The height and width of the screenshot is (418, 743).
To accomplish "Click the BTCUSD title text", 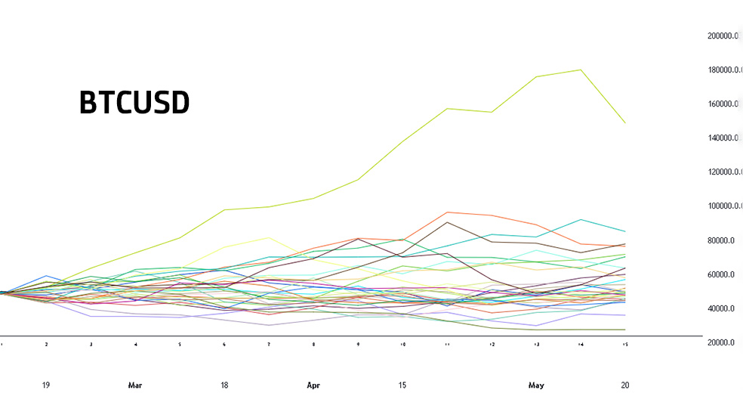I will [x=134, y=104].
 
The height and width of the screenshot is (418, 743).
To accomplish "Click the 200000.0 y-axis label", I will [x=723, y=36].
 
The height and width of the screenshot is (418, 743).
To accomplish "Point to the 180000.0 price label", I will [x=723, y=70].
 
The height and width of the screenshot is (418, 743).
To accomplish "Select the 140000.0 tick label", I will [x=723, y=138].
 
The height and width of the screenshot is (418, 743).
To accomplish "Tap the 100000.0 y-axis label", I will [x=723, y=206].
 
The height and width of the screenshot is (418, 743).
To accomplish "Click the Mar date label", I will [x=135, y=385].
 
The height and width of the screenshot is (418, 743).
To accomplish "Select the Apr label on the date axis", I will [x=313, y=385].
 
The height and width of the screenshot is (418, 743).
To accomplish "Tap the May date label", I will [x=536, y=385].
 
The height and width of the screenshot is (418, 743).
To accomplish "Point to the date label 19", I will [x=46, y=385].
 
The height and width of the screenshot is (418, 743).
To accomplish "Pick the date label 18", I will [x=224, y=385].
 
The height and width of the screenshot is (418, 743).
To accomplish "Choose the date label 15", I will [x=402, y=385].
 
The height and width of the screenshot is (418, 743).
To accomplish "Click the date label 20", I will [x=625, y=385].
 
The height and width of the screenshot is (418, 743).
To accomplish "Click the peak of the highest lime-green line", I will [x=581, y=70].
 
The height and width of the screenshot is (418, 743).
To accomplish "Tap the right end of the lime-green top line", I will [x=625, y=122].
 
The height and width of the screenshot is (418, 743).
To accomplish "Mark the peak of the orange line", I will [x=448, y=212].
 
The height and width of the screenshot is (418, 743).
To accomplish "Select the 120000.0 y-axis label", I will [x=723, y=172].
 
